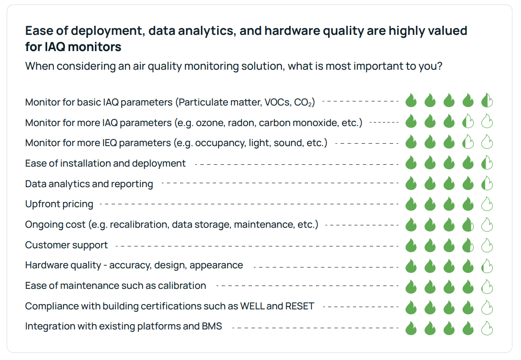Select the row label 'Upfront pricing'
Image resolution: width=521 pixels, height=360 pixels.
(59, 204)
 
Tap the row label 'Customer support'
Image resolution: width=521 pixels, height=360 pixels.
(66, 245)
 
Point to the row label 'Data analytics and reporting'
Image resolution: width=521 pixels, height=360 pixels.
(89, 184)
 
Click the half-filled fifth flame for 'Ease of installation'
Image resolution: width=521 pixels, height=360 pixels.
(487, 164)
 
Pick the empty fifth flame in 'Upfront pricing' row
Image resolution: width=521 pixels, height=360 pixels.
(487, 205)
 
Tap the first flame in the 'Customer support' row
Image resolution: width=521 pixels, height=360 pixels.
(411, 246)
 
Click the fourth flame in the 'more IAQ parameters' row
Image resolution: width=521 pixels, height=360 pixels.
(468, 122)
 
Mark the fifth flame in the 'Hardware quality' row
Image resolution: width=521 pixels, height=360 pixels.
(487, 266)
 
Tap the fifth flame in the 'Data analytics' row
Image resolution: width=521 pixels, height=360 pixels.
(487, 184)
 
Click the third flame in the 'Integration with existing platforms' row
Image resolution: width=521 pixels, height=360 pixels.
(448, 328)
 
